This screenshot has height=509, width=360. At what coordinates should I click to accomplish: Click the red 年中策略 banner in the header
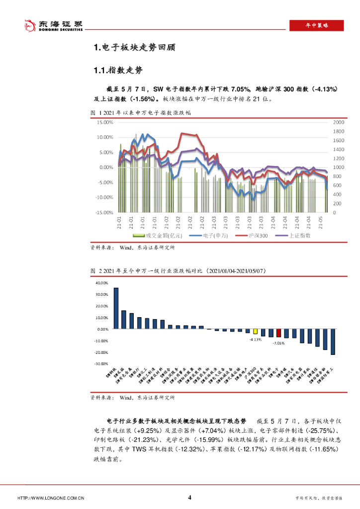click(x=317, y=25)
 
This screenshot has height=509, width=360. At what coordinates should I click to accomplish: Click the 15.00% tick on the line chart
click(x=105, y=122)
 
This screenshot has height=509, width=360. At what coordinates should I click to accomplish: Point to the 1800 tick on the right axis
click(x=338, y=131)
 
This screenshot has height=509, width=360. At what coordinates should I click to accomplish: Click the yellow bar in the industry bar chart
click(x=255, y=332)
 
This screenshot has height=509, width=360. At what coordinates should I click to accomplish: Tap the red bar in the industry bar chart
click(x=278, y=333)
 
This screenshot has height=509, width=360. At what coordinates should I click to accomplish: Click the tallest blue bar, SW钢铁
click(x=116, y=308)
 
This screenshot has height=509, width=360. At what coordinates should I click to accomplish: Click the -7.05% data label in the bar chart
click(x=278, y=343)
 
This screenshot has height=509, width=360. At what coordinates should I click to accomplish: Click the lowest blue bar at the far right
click(x=333, y=342)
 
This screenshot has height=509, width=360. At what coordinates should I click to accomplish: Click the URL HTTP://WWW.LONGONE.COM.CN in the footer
click(x=51, y=498)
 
